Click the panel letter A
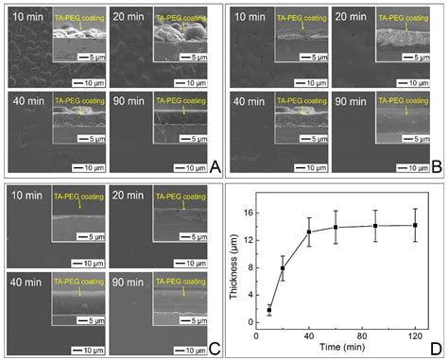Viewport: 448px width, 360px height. [x=215, y=167]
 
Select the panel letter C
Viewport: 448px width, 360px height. [x=215, y=348]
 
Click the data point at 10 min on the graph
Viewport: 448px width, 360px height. [x=268, y=310]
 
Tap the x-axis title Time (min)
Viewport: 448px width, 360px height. [x=336, y=348]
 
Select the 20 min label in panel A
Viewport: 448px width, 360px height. [x=129, y=19]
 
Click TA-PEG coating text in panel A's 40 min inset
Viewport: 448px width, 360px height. [x=78, y=100]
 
